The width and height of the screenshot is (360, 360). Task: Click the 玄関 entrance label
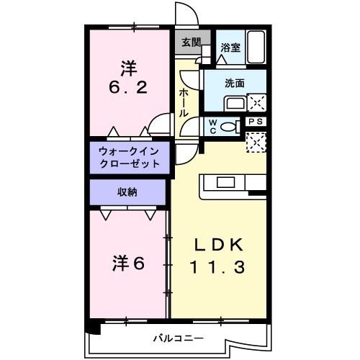(191, 42)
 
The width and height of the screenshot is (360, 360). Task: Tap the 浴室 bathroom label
(230, 48)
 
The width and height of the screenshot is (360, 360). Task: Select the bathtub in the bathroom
(256, 47)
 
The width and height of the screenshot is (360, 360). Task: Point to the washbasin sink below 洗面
(235, 102)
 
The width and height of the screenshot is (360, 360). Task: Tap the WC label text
(213, 127)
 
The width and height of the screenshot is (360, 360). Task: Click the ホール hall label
(184, 102)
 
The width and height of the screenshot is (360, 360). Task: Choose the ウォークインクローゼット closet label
(130, 157)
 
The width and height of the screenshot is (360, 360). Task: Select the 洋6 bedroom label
(128, 264)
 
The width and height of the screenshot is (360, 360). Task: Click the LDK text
(218, 243)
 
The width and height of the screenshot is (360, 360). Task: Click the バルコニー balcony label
(177, 338)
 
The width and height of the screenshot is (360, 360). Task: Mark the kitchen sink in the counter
(224, 181)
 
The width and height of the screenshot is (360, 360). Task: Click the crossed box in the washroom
(256, 102)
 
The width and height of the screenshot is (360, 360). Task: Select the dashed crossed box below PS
(256, 142)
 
